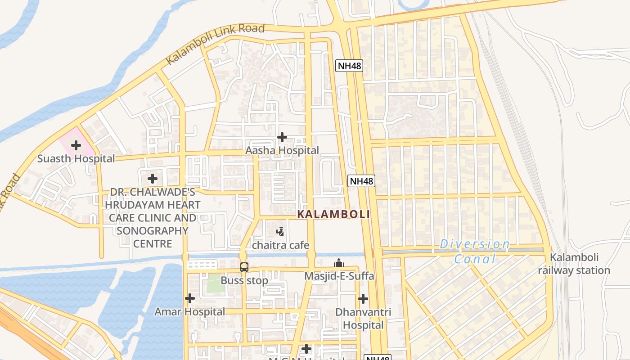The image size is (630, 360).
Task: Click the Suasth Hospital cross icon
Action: click(x=76, y=145)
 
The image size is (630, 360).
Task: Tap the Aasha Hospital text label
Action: click(x=282, y=150)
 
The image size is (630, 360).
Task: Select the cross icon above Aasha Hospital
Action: click(x=282, y=137)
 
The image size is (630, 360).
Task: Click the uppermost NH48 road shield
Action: click(x=349, y=66)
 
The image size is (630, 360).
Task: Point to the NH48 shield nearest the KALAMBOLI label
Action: click(x=361, y=181)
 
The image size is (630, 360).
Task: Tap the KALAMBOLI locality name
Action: click(x=333, y=214)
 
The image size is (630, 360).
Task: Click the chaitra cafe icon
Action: click(x=280, y=232)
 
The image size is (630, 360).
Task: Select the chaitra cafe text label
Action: click(x=280, y=245)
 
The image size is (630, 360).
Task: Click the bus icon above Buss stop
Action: click(x=244, y=267)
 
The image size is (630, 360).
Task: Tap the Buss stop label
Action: click(x=244, y=280)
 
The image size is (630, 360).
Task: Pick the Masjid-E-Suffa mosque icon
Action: click(x=339, y=263)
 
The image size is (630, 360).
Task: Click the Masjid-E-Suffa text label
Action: click(x=339, y=276)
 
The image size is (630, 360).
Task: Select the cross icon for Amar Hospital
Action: click(x=190, y=298)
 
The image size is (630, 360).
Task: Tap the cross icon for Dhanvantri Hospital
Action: click(x=363, y=298)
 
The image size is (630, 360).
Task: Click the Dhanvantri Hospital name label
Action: click(x=363, y=318)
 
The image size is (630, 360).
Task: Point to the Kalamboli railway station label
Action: click(x=574, y=264)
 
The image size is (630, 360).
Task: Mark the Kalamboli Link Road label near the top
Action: click(x=215, y=44)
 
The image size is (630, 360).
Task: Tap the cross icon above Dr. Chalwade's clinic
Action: click(x=153, y=179)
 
